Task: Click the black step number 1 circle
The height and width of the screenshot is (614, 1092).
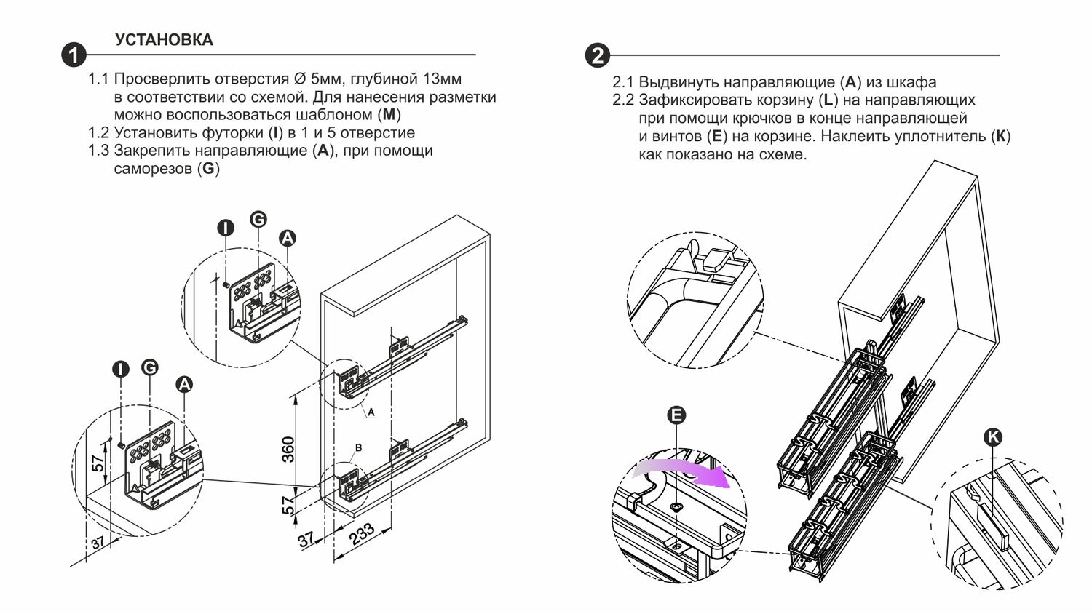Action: click(x=74, y=55)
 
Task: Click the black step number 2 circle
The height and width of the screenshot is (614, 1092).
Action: click(x=597, y=55)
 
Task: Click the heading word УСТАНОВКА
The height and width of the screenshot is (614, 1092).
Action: click(x=164, y=40)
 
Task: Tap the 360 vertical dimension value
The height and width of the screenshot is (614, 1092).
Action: click(x=288, y=449)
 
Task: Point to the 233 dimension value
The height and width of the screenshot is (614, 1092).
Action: click(x=362, y=533)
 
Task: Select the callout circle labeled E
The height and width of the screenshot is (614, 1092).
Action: click(x=677, y=415)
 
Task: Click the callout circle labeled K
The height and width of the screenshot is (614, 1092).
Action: click(x=993, y=436)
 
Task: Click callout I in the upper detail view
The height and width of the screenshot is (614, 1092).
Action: click(x=226, y=228)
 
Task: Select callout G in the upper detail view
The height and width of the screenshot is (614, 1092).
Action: click(x=258, y=218)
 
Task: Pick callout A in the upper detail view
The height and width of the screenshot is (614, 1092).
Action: click(x=288, y=238)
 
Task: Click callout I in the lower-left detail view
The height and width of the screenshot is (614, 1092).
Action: click(x=120, y=369)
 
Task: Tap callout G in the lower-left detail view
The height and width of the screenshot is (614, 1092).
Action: click(x=150, y=367)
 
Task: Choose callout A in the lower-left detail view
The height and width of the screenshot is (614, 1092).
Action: click(x=184, y=384)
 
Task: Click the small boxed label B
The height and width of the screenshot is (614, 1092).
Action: click(x=358, y=447)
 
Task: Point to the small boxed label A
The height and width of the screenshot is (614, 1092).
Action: click(x=371, y=412)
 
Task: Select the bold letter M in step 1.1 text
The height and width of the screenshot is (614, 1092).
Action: click(x=390, y=115)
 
